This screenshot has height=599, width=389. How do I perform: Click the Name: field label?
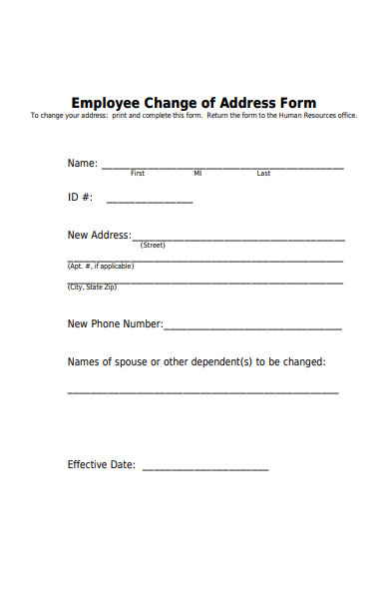coord(82,163)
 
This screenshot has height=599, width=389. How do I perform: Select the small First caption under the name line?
coord(138,174)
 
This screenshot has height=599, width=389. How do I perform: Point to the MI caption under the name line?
coord(197,174)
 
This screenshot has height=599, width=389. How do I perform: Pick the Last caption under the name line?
coord(263,174)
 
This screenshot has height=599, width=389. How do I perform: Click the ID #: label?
coord(80,198)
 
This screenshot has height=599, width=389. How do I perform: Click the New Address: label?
coord(99,236)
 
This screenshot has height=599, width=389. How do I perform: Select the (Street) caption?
coord(153,245)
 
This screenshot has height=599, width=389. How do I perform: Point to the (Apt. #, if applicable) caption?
coord(100,267)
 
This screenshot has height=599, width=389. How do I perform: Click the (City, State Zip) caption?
coord(92,288)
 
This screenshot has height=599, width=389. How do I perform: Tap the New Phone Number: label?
coord(115,323)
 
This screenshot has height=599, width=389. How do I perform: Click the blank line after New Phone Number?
coord(253,327)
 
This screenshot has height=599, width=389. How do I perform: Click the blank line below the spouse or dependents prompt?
coord(202,391)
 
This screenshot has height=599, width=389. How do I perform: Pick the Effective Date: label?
coord(101,464)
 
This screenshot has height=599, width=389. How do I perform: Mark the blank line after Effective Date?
coord(205,468)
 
